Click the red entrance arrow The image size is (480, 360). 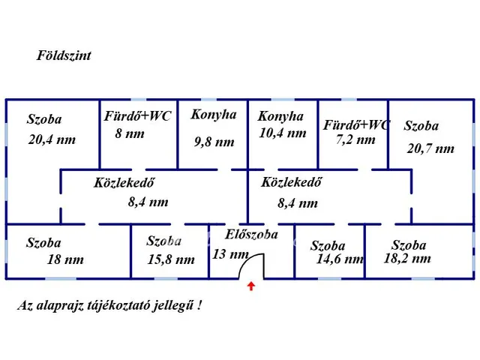tap(250, 286)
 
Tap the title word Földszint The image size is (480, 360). tap(64, 55)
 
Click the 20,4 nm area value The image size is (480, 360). tap(51, 139)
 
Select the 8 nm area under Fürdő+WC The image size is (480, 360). tap(130, 134)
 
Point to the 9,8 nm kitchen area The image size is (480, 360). tap(214, 141)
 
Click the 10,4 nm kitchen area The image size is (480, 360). tap(282, 133)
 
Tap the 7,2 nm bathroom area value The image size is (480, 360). tap(355, 139)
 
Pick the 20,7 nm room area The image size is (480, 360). tap(430, 148)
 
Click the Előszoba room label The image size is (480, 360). tap(251, 234)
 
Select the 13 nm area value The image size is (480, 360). tap(230, 253)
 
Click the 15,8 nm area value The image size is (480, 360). tap(171, 259)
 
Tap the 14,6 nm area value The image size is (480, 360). tap(340, 259)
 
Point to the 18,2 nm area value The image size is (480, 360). tap(407, 258)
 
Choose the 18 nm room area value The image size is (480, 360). tap(65, 259)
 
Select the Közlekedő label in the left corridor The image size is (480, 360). tap(124, 182)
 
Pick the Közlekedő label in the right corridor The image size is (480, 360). tap(292, 181)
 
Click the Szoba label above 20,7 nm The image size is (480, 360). tap(421, 126)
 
